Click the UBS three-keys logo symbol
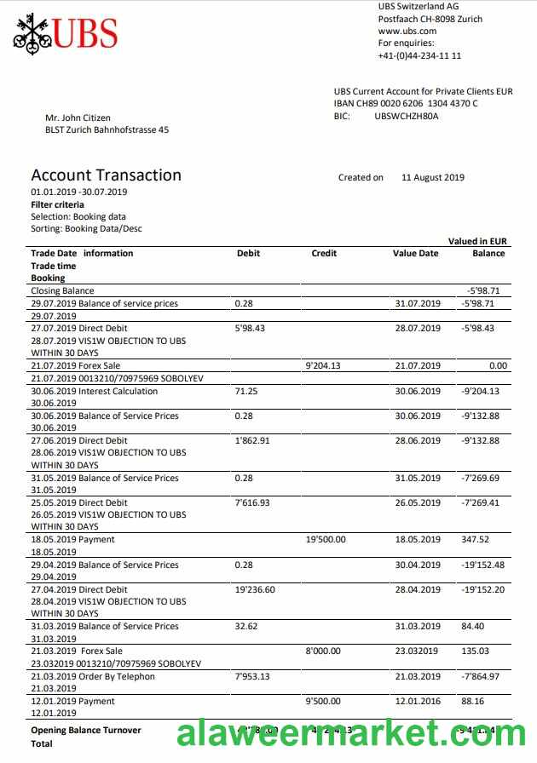coord(32,33)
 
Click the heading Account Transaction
coord(107,175)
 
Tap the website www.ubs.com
coord(407,31)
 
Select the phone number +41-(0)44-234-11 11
coord(419,55)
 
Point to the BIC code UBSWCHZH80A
coord(407,116)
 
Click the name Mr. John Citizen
coord(78,118)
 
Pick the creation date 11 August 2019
coord(433,178)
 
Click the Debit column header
coord(248,253)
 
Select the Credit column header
coord(324,253)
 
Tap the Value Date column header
coord(415,253)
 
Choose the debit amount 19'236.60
coord(255,589)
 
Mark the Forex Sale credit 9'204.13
coord(322,366)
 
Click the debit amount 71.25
coord(246,392)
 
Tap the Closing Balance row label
coord(62,291)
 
